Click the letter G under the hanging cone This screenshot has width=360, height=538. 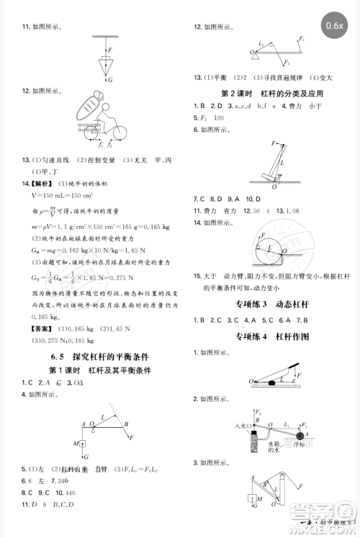pos(109,80)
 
